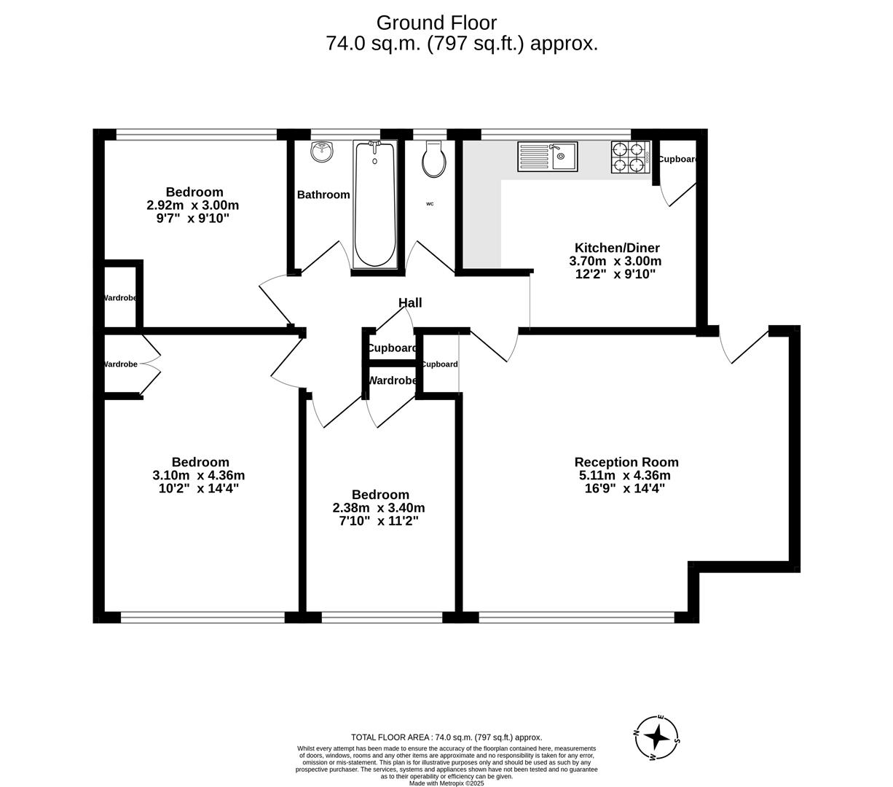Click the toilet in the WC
(x=435, y=160)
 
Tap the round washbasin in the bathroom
(x=321, y=152)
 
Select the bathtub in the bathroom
(x=374, y=204)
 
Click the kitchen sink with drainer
(x=547, y=157)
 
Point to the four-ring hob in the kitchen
(x=629, y=157)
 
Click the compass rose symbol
(x=657, y=737)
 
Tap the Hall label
(x=410, y=303)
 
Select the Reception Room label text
(x=626, y=462)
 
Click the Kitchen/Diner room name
(x=617, y=248)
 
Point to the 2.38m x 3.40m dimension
(x=379, y=508)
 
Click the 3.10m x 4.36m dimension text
(x=199, y=475)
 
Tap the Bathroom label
(x=323, y=195)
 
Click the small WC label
(x=430, y=204)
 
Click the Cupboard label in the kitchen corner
(x=677, y=159)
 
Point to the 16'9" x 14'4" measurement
(x=624, y=488)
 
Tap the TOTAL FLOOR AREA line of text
(x=446, y=737)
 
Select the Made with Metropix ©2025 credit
(x=446, y=783)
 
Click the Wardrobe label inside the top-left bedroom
(x=119, y=298)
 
